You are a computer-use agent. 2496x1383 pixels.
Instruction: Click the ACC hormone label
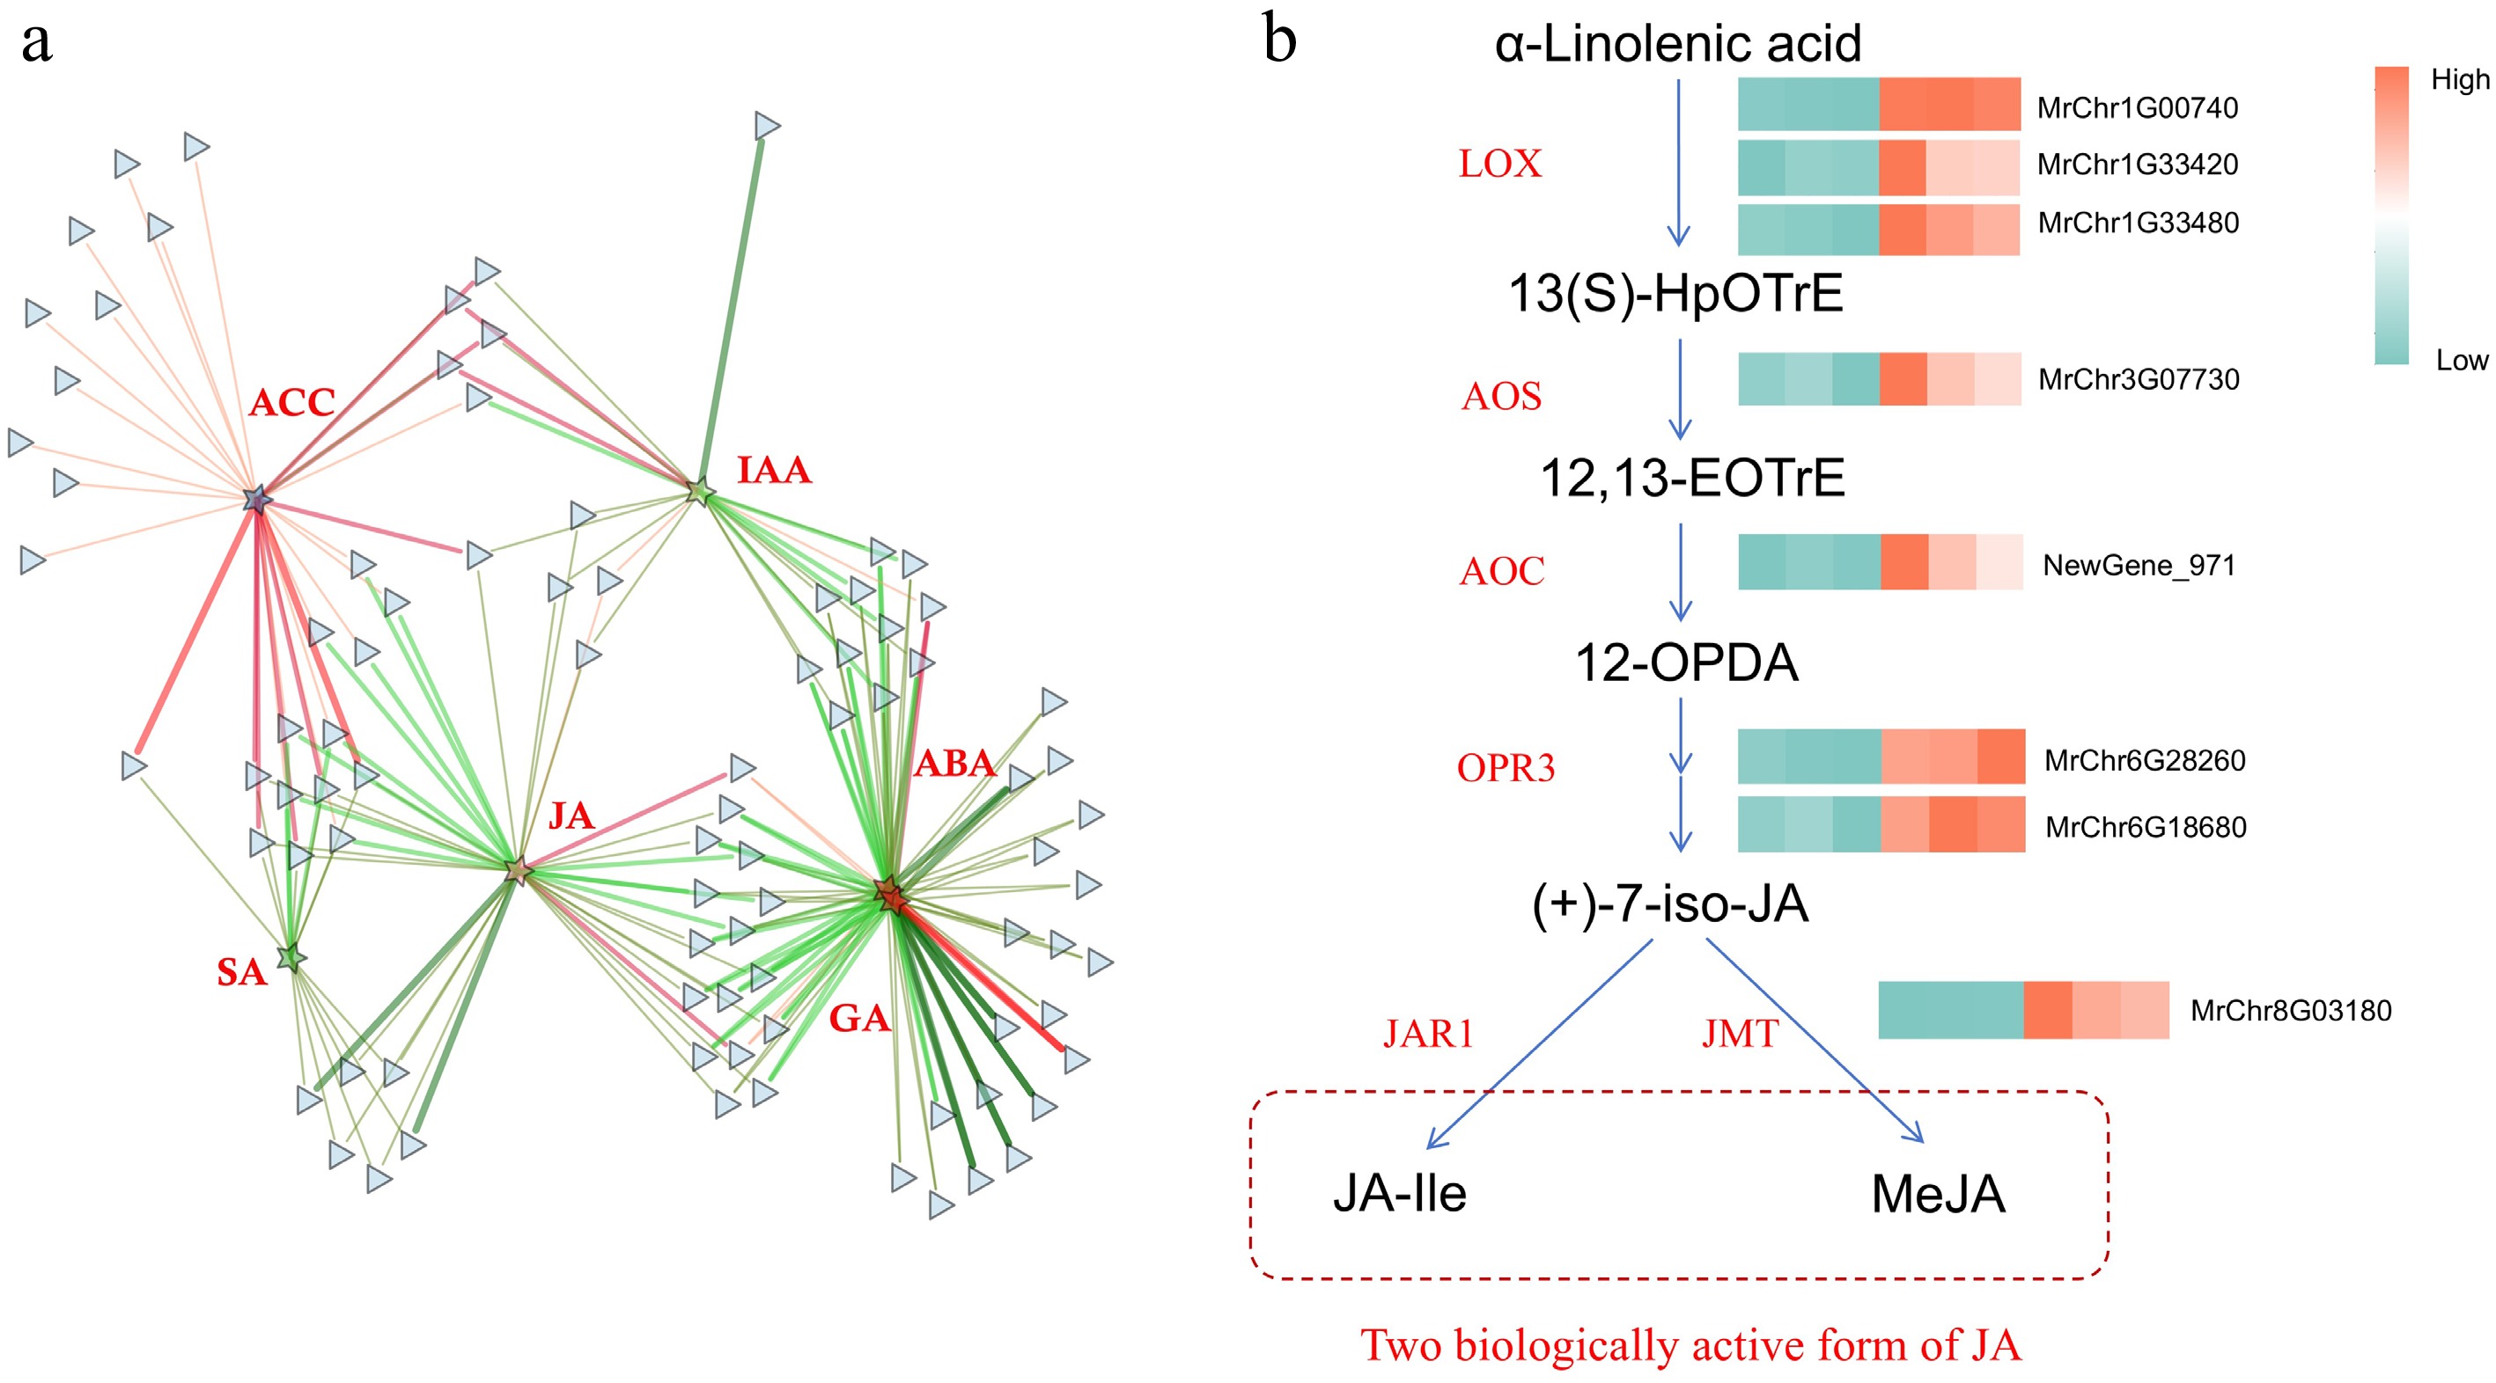coord(291,402)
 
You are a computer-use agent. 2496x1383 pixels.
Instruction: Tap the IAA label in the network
coord(773,471)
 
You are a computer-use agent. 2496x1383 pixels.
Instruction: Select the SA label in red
coord(241,972)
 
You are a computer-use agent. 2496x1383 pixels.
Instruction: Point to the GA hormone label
coord(858,1018)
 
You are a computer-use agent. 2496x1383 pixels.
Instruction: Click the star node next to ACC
coord(257,500)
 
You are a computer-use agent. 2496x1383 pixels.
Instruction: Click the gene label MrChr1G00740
coord(2137,107)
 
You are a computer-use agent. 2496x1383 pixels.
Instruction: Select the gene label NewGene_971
coord(2139,565)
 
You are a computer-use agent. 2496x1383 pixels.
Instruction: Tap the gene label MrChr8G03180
coord(2290,1011)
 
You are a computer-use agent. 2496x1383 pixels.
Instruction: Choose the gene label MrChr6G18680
coord(2145,827)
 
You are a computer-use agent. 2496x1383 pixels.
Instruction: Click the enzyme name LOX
coord(1499,164)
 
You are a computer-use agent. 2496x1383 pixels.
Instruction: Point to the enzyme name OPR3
coord(1505,768)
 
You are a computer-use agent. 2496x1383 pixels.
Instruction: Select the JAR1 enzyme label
coord(1427,1035)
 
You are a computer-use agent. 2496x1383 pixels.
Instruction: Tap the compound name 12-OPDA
coord(1685,663)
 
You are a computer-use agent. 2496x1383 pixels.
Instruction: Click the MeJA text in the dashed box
coord(1937,1194)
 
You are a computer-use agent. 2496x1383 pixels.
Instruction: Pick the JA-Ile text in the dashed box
coord(1399,1193)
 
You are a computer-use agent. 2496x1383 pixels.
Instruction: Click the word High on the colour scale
coord(2459,79)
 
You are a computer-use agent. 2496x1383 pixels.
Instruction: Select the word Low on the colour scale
coord(2461,361)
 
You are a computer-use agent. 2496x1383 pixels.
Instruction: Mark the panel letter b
coord(1279,40)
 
